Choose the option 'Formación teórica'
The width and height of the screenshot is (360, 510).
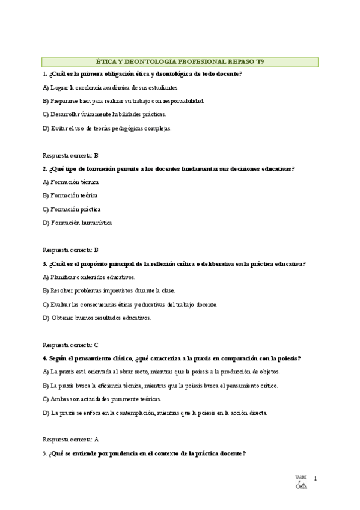pyautogui.click(x=70, y=195)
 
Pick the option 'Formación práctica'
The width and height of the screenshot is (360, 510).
pyautogui.click(x=72, y=209)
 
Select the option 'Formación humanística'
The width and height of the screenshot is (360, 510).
pyautogui.click(x=77, y=223)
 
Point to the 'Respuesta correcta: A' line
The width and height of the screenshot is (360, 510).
pyautogui.click(x=70, y=440)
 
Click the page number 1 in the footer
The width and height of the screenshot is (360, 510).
pyautogui.click(x=315, y=479)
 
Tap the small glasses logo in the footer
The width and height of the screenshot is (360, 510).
pyautogui.click(x=301, y=486)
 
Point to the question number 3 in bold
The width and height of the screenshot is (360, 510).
pyautogui.click(x=44, y=263)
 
